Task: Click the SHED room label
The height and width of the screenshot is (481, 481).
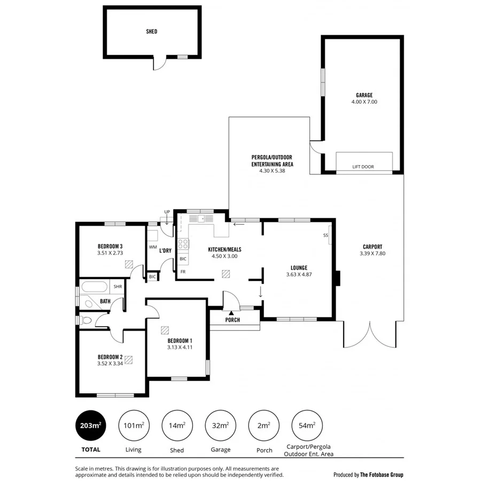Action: [152, 32]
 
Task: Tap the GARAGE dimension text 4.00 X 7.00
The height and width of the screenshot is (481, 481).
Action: [364, 102]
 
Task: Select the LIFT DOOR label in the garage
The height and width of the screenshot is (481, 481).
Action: [363, 167]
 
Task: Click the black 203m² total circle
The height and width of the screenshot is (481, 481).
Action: [90, 425]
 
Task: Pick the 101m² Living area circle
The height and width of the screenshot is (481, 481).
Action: [134, 425]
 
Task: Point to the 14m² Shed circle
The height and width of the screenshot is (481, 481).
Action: [177, 425]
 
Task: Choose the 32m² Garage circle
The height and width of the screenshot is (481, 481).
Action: [221, 425]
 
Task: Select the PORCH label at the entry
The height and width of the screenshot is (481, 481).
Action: [232, 320]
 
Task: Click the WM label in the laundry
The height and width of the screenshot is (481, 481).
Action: [152, 247]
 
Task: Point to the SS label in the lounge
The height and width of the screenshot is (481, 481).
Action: [325, 236]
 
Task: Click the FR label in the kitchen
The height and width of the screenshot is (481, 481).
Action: [183, 272]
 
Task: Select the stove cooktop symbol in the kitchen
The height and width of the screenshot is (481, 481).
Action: [183, 244]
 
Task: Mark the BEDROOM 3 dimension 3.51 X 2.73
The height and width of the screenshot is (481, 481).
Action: [111, 253]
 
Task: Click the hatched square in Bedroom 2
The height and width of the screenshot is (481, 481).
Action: [128, 360]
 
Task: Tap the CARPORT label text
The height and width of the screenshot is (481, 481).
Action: [372, 246]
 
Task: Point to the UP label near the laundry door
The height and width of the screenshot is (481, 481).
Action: [167, 212]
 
